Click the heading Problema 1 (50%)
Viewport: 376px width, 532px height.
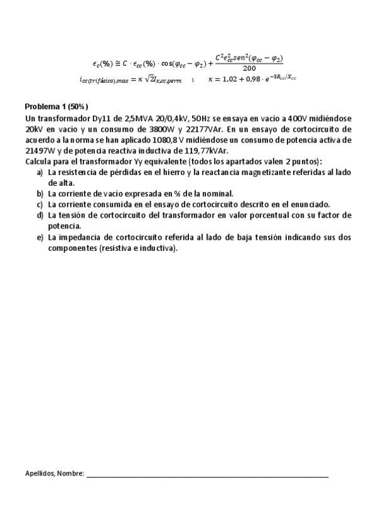click(56, 106)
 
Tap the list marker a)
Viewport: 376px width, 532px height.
click(40, 172)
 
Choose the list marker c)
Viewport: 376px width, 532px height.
click(40, 205)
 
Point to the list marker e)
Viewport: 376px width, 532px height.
click(40, 237)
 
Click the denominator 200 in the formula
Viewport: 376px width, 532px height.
click(249, 68)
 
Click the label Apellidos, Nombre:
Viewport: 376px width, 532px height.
click(54, 473)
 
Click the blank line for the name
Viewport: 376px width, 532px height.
click(207, 476)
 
